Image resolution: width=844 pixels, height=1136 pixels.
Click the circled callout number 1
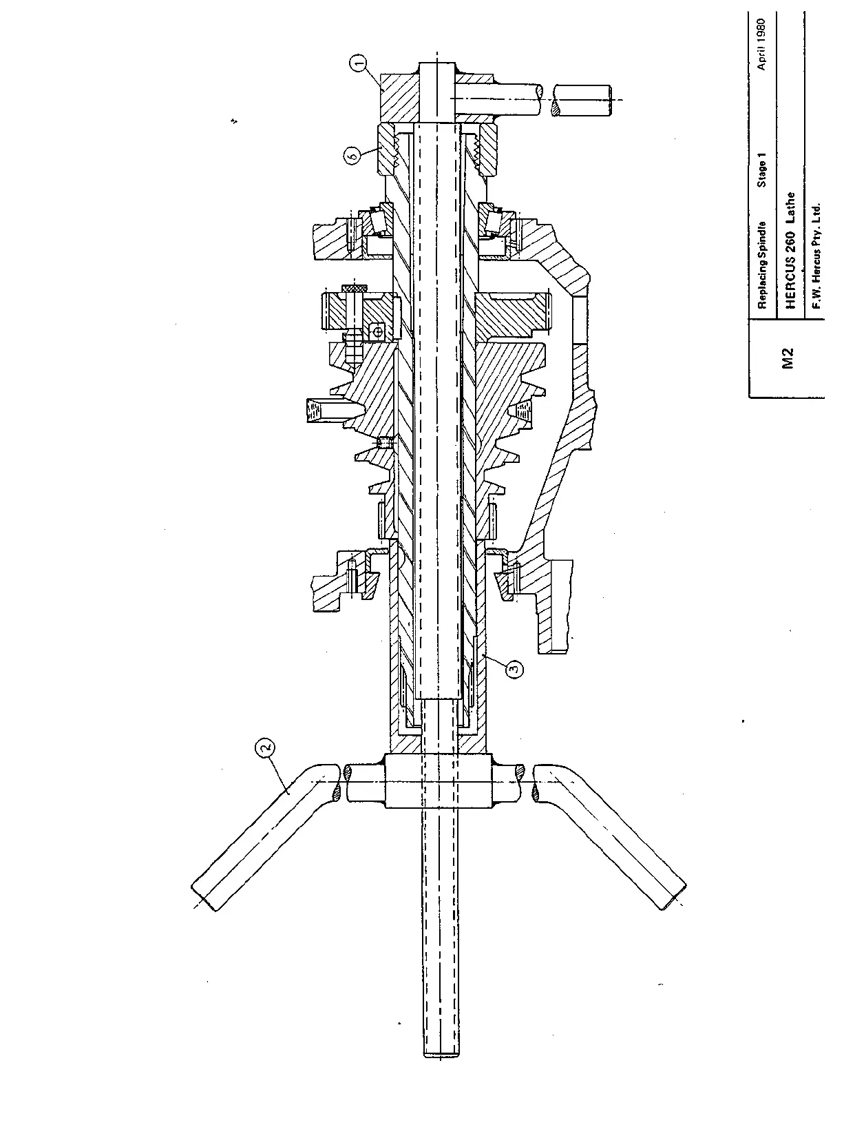[x=358, y=65]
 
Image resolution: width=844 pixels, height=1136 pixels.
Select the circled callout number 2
[x=266, y=747]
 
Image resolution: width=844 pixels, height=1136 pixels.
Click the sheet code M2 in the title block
[x=788, y=358]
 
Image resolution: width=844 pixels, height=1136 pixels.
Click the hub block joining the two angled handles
[x=439, y=781]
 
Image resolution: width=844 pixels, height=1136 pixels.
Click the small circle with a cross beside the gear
[x=377, y=331]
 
